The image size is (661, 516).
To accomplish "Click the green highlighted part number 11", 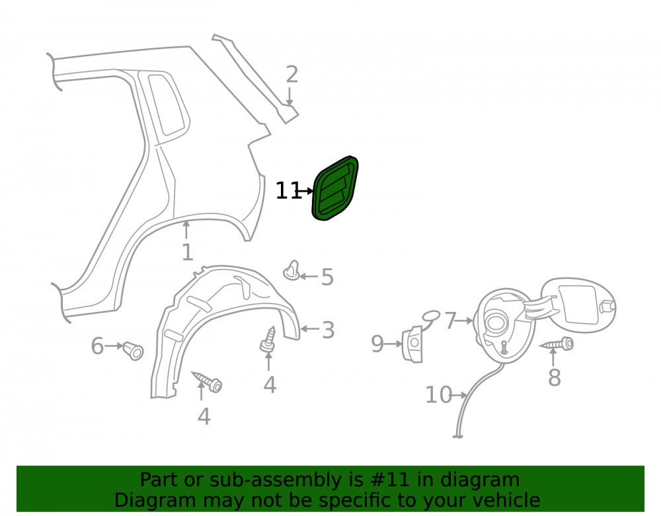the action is [x=334, y=188].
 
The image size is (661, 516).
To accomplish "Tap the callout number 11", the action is [x=288, y=191].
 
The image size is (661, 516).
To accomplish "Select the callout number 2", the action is [x=292, y=75].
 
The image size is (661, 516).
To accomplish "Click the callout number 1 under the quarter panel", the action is [x=188, y=252].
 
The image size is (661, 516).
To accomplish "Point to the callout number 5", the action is [x=328, y=277].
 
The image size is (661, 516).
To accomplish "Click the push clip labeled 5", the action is [x=292, y=270].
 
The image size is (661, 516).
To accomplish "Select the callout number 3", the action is [x=329, y=330].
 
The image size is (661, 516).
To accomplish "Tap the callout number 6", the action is [x=97, y=346].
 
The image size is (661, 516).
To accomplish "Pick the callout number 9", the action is [x=377, y=344].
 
